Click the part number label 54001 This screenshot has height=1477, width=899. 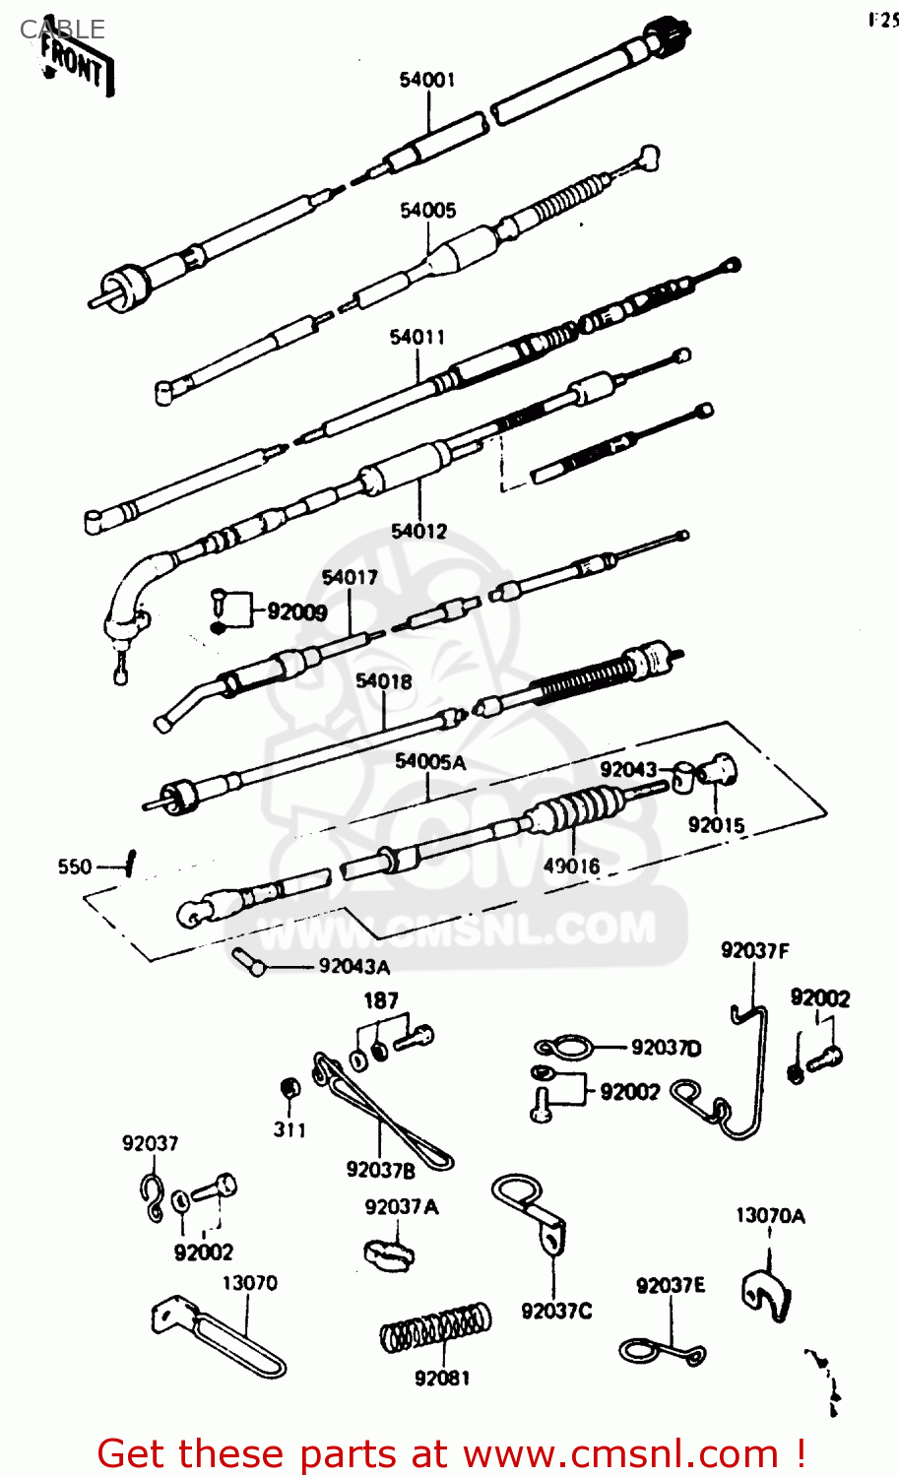click(426, 80)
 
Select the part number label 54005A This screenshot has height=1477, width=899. click(429, 761)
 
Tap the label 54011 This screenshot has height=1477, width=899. click(417, 337)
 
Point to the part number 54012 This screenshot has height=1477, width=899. click(418, 532)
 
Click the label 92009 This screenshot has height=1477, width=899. click(296, 612)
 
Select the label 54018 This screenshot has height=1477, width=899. click(383, 681)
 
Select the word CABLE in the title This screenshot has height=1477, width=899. click(62, 30)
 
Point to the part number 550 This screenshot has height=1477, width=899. click(75, 867)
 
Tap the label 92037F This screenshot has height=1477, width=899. click(754, 951)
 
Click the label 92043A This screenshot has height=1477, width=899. click(353, 967)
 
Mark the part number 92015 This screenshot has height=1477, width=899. click(716, 825)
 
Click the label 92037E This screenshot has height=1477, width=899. click(671, 1286)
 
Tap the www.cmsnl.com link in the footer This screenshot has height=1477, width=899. click(621, 1454)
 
